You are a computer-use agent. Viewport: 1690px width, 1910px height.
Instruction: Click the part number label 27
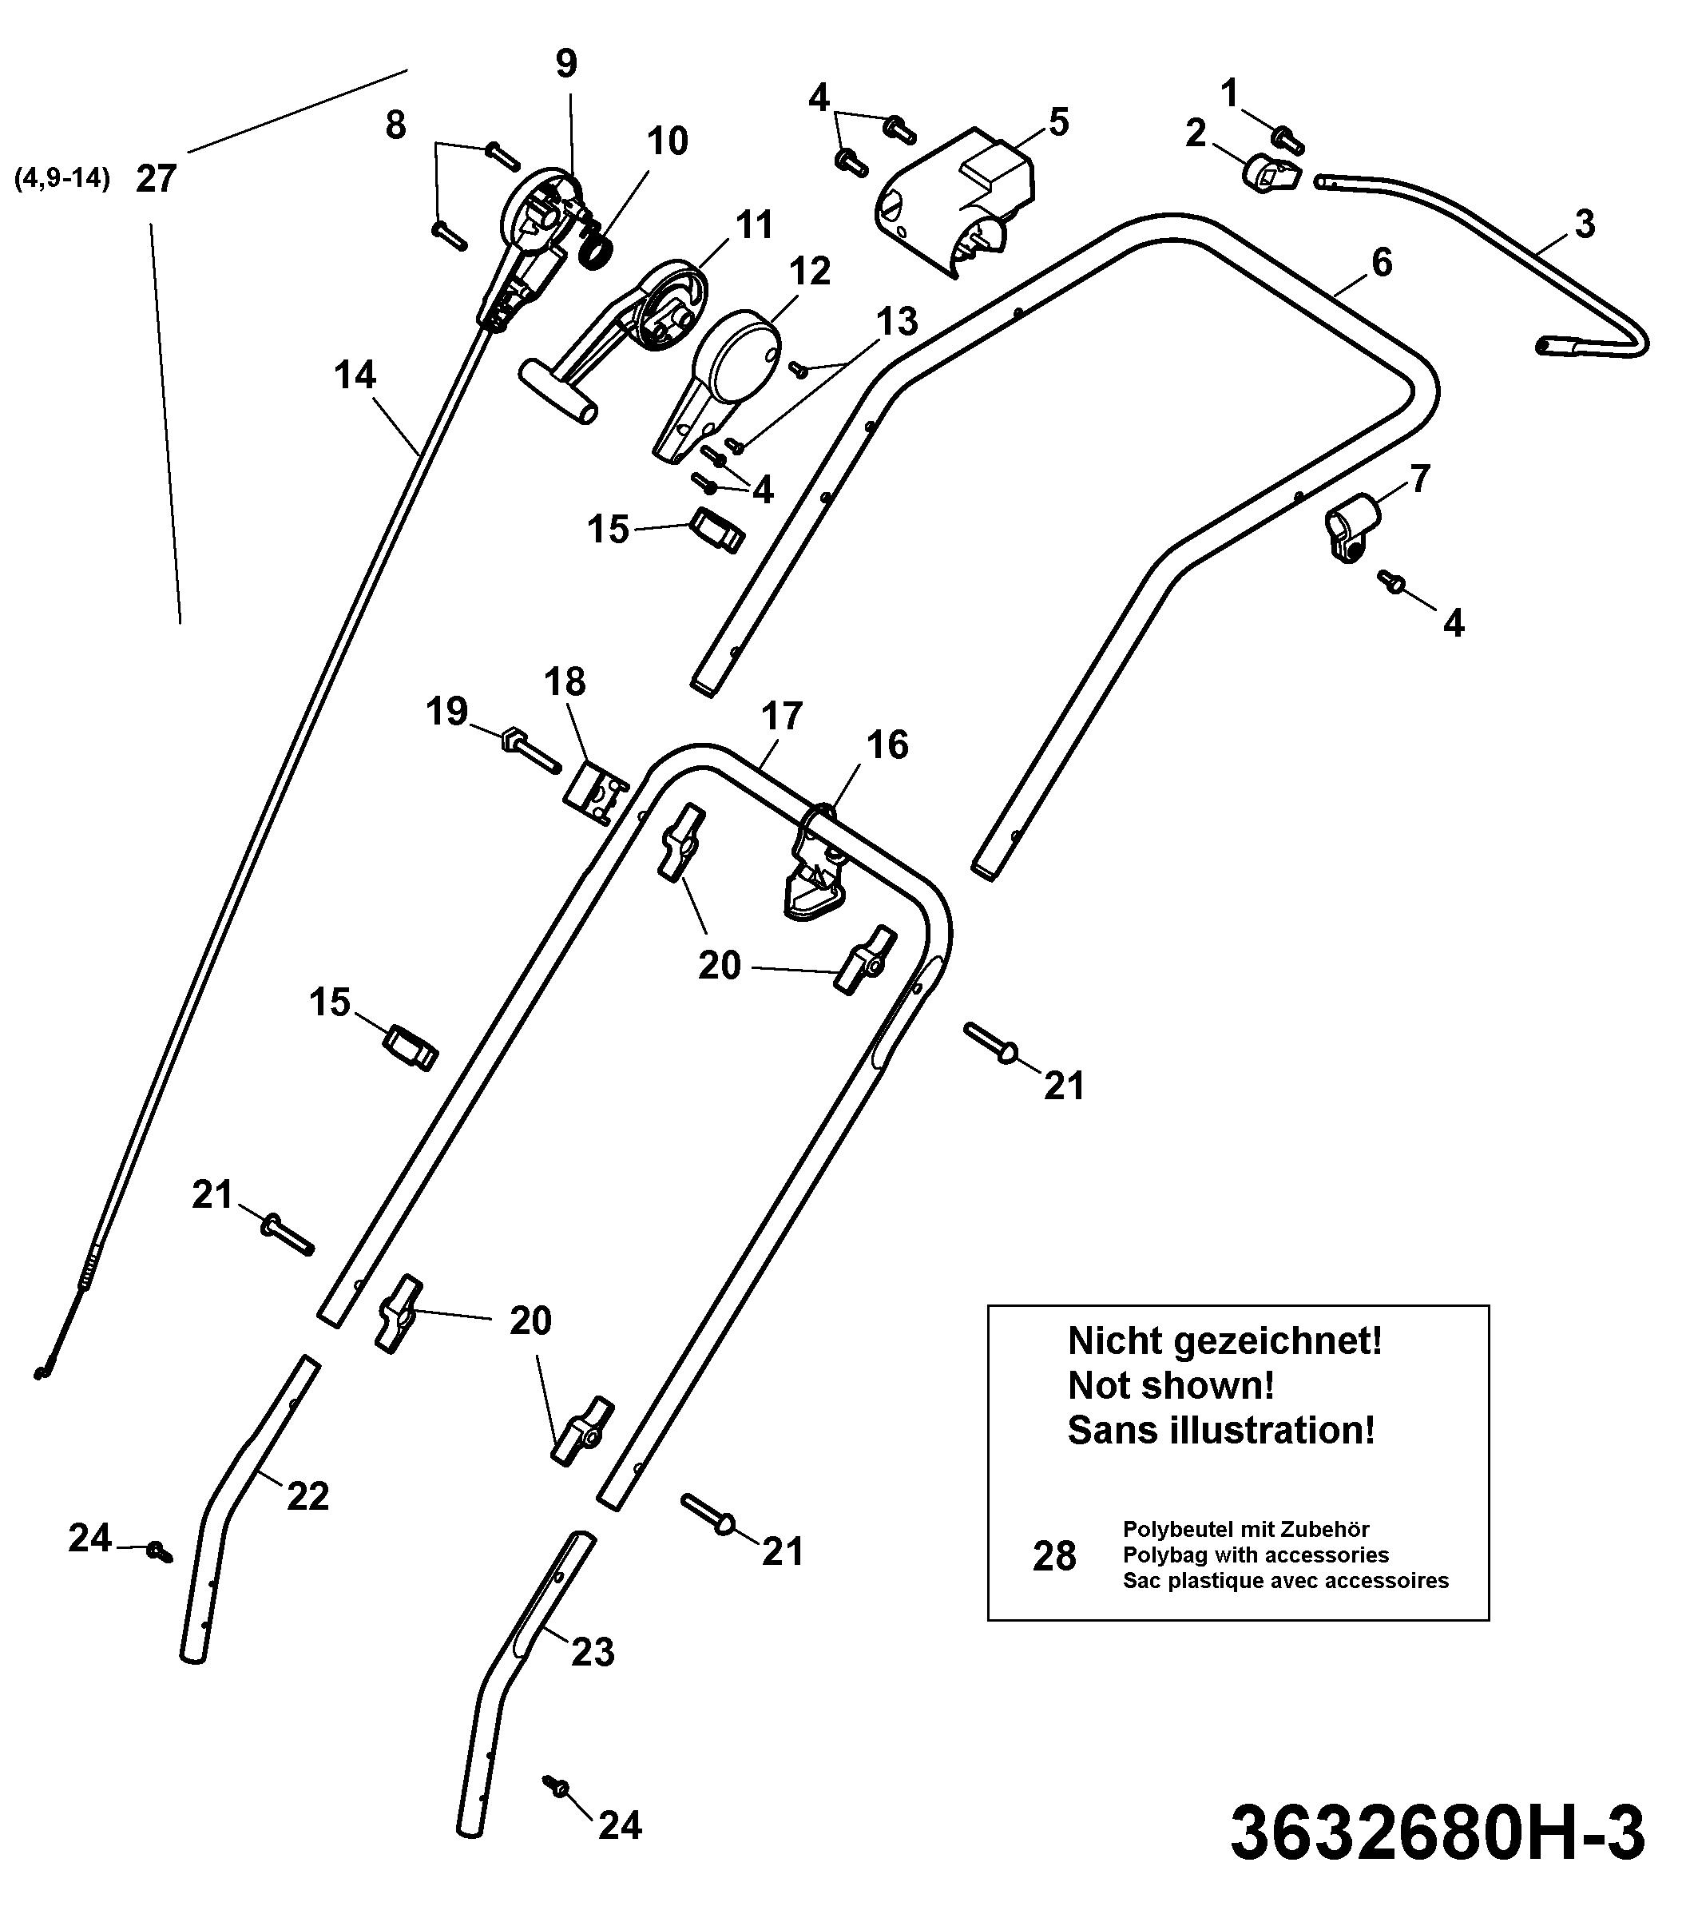(156, 177)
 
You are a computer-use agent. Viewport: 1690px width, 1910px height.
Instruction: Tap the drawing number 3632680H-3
(1438, 1834)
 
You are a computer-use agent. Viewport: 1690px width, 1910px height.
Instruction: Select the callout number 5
(1058, 123)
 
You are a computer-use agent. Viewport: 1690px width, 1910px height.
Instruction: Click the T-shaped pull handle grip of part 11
(558, 391)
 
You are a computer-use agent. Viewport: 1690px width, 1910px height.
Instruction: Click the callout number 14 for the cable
(355, 375)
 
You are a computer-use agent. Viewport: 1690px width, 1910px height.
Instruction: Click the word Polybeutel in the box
(1178, 1531)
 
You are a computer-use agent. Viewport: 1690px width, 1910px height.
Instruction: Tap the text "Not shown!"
(1171, 1386)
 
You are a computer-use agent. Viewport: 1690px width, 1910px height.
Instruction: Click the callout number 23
(593, 1652)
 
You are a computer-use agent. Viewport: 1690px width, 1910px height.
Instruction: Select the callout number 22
(308, 1497)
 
